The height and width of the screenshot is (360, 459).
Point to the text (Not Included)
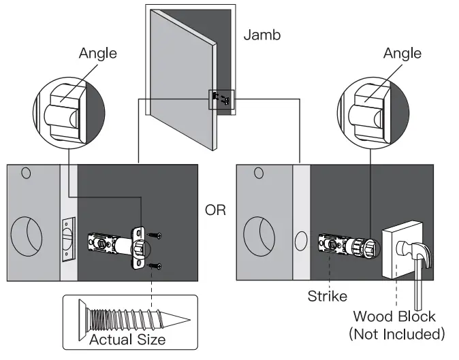point(396,334)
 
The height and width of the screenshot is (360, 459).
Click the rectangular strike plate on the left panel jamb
point(67,239)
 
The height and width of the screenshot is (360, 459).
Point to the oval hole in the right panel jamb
point(300,240)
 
